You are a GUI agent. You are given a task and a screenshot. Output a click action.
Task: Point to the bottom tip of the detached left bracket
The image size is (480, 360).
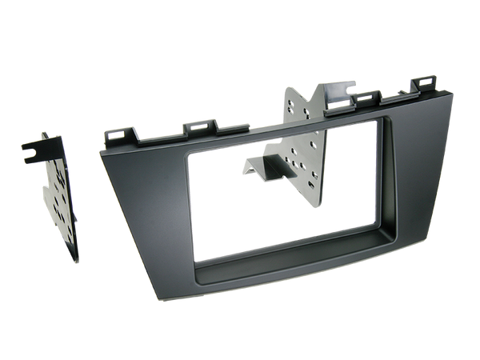(78, 261)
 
